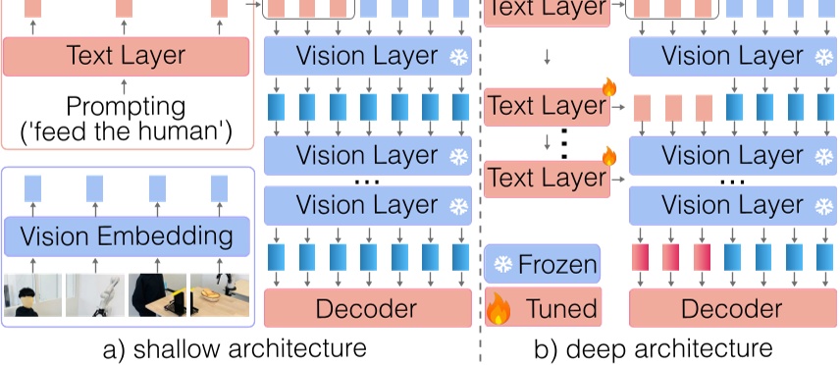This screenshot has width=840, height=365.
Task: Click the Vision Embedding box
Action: pos(127,236)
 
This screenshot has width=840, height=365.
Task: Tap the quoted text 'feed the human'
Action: pos(126,131)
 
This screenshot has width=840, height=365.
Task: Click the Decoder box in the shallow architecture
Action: pos(367,309)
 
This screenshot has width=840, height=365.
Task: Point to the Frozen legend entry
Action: pos(542,264)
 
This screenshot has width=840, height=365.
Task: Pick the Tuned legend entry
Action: pos(542,309)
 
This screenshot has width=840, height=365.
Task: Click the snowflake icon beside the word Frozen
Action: pos(501,265)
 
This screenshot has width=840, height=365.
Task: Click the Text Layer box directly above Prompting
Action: pos(126,56)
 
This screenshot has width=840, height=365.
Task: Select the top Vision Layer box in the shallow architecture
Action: pos(367,56)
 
